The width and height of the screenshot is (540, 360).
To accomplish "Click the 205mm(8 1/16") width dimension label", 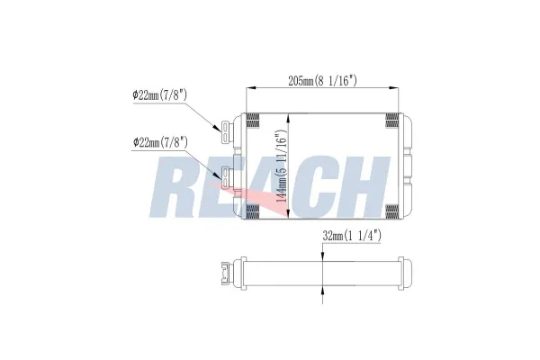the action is pyautogui.click(x=322, y=81).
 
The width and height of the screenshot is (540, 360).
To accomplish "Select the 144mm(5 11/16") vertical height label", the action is pyautogui.click(x=282, y=166).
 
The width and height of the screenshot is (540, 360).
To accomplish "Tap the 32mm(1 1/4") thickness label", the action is pyautogui.click(x=352, y=236).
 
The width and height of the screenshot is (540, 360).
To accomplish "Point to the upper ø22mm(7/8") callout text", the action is pyautogui.click(x=160, y=94).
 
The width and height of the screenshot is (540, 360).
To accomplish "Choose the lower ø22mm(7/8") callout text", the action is pyautogui.click(x=160, y=142).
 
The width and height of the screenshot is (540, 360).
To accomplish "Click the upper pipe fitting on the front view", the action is pyautogui.click(x=226, y=132).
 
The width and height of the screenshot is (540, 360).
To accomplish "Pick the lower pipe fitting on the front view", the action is pyautogui.click(x=226, y=178).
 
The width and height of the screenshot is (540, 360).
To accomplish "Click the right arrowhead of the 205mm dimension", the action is pyautogui.click(x=394, y=88).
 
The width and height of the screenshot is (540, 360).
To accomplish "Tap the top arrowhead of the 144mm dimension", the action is pyautogui.click(x=288, y=119).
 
